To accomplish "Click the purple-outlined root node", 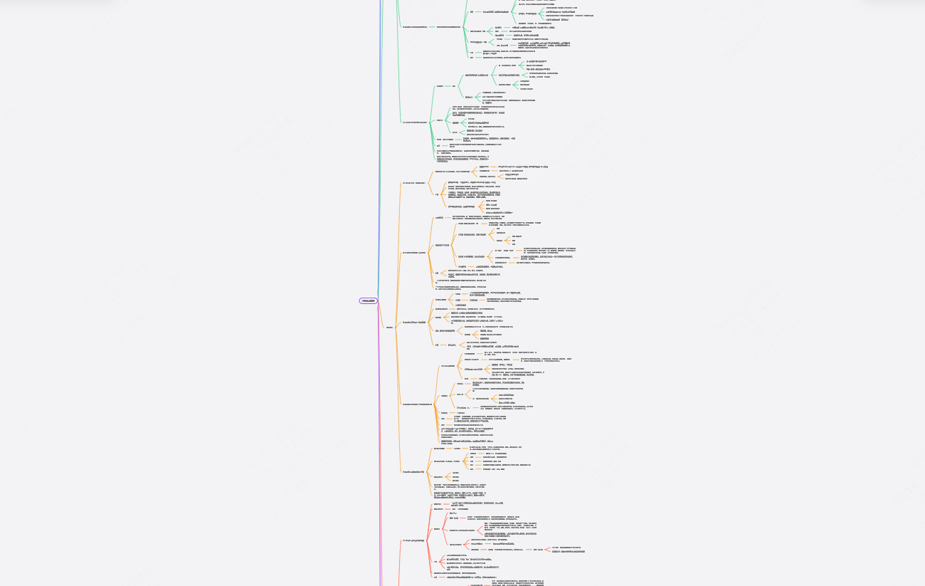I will point(369,300).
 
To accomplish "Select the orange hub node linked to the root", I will point(389,328).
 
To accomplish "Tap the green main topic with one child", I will point(414,27).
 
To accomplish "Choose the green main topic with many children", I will point(414,122).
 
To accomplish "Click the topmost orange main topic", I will point(413,183).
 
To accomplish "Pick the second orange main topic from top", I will point(413,252).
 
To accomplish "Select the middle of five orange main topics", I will point(413,323).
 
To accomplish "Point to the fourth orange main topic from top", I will point(417,404).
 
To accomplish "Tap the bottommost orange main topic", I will point(413,472).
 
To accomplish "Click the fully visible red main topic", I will point(413,540).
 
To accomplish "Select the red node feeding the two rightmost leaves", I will point(539,549).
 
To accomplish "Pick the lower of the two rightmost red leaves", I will point(569,552).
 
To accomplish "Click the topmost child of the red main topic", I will point(438,504).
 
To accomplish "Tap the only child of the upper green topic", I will point(448,27).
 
